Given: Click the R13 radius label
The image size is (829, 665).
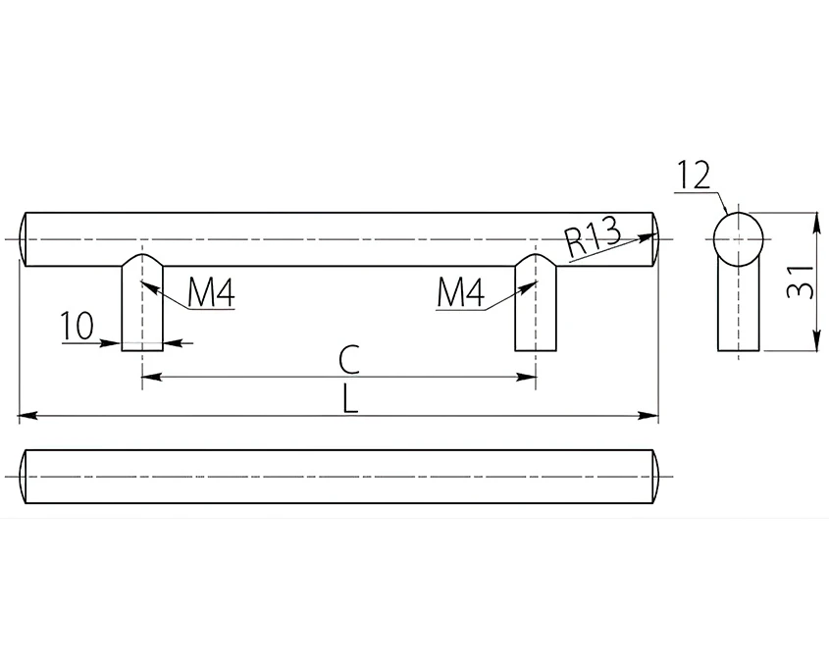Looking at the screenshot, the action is tap(592, 236).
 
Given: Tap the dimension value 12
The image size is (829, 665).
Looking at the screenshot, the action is tap(693, 175).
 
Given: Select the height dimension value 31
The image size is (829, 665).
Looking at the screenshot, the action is tap(799, 281).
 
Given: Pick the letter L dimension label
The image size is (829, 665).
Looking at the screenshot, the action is tap(350, 398).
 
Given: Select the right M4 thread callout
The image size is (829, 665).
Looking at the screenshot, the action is tap(460, 293).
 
